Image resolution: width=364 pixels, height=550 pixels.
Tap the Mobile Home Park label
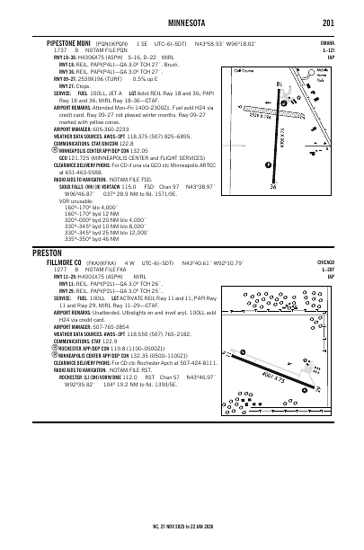coord(314,81)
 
